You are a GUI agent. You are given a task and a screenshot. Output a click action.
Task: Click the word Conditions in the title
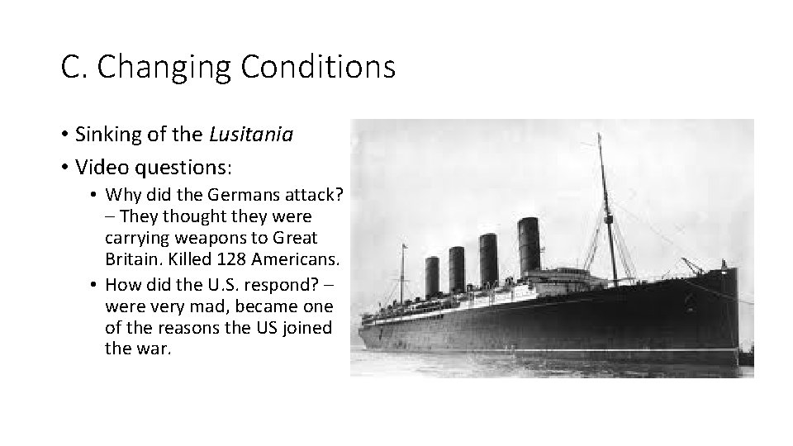coord(319,67)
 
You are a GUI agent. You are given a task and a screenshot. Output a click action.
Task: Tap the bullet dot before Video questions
coord(64,168)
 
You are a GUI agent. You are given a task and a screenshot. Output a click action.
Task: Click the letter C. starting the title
coord(72,68)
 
